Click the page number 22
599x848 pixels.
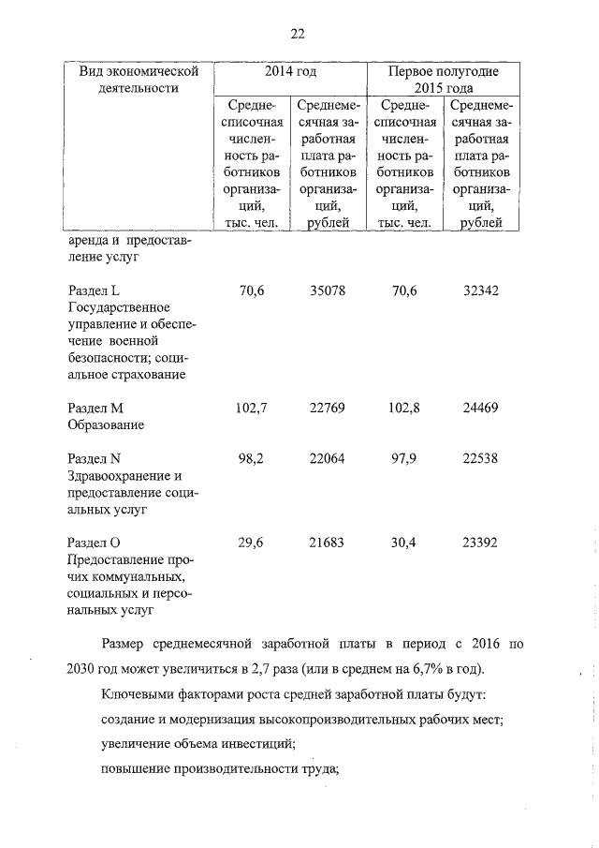point(298,34)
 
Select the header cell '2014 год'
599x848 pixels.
point(292,71)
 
